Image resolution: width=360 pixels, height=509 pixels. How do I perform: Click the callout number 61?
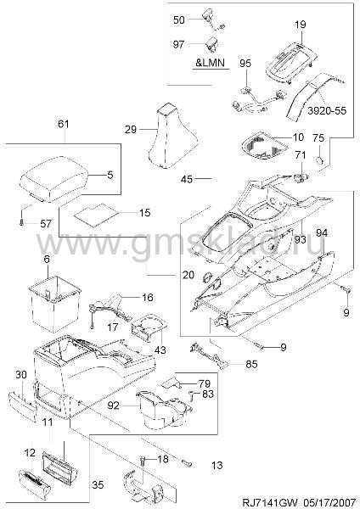64,124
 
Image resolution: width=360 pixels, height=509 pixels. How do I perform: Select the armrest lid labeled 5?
54,180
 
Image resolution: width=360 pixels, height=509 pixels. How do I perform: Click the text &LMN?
210,62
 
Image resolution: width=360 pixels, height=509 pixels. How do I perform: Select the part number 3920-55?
327,110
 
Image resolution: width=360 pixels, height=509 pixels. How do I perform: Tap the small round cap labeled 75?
320,160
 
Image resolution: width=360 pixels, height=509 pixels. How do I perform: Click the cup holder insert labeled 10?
264,148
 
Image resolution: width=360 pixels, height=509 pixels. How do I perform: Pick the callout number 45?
187,179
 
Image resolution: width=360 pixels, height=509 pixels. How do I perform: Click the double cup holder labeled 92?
165,410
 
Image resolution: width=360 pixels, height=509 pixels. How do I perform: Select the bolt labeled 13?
187,462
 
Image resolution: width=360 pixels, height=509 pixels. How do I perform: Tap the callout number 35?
98,485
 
